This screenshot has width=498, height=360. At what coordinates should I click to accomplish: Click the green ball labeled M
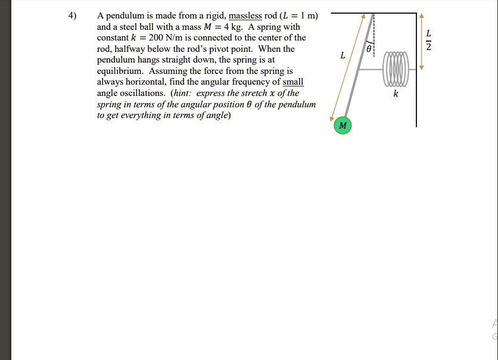tap(342, 126)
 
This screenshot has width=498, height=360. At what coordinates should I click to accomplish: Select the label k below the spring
tap(396, 94)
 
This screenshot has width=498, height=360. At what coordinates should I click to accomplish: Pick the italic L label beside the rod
tap(342, 55)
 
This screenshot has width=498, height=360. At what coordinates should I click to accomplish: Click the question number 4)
tap(73, 16)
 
